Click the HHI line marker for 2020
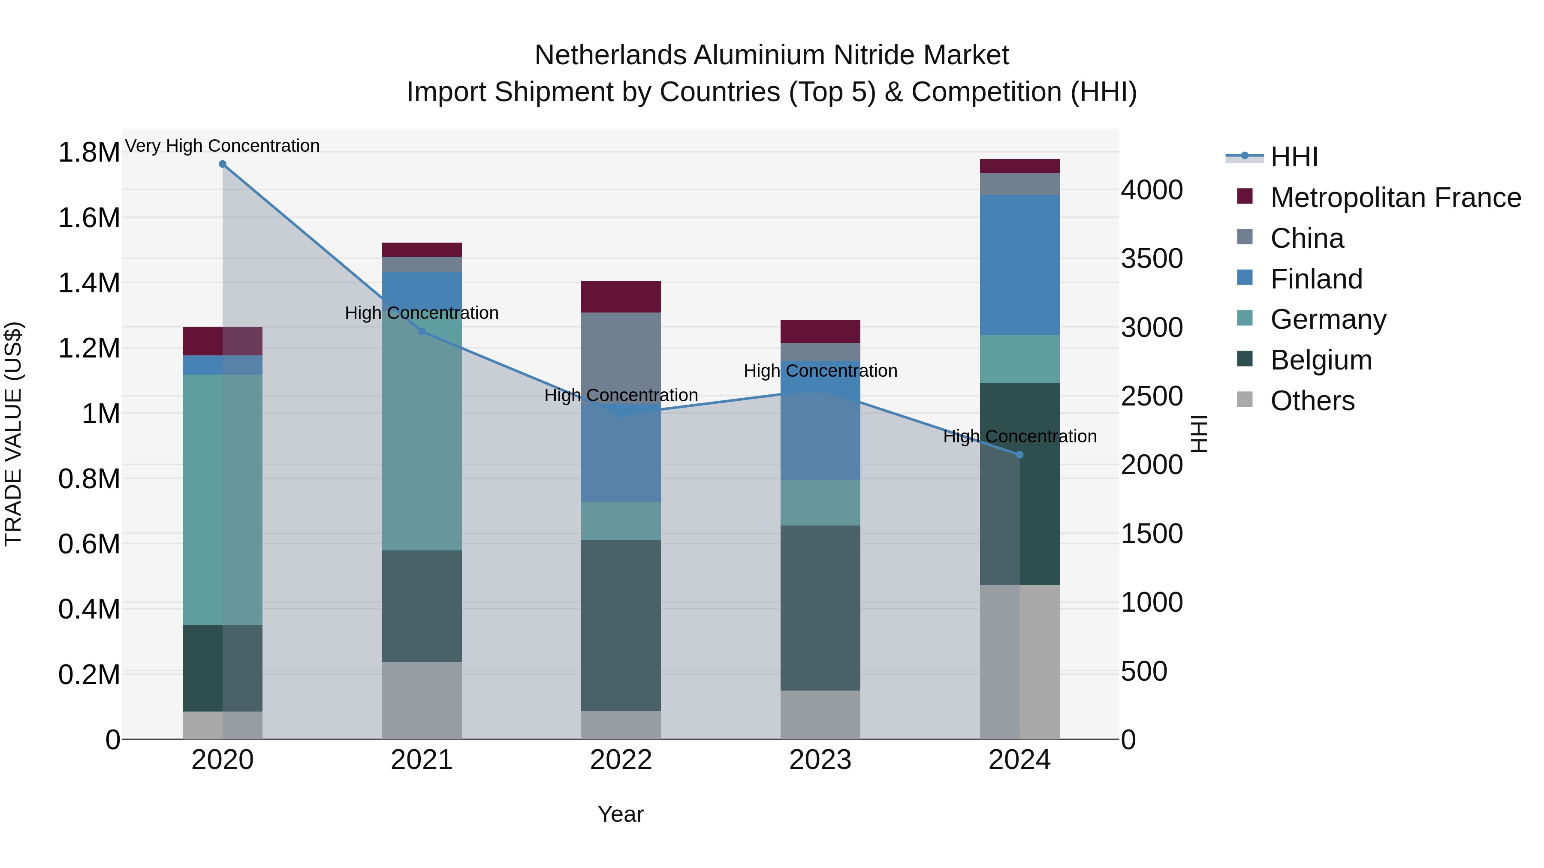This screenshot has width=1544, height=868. click(x=222, y=164)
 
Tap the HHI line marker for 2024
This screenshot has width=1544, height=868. click(x=1019, y=455)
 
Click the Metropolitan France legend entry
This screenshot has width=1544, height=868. click(x=1395, y=198)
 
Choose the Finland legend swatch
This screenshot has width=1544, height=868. click(x=1245, y=278)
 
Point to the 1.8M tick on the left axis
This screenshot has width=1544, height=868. click(x=89, y=153)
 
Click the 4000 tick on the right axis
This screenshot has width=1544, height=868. click(x=1152, y=190)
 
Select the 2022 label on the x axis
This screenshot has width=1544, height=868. click(x=621, y=760)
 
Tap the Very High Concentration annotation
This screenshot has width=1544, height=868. click(x=222, y=146)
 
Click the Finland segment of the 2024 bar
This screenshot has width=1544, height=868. click(x=1019, y=265)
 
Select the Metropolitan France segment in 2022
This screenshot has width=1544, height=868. click(x=621, y=297)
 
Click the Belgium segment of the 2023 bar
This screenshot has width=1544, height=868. click(x=820, y=607)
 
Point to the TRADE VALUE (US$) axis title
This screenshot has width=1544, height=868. click(x=13, y=434)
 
